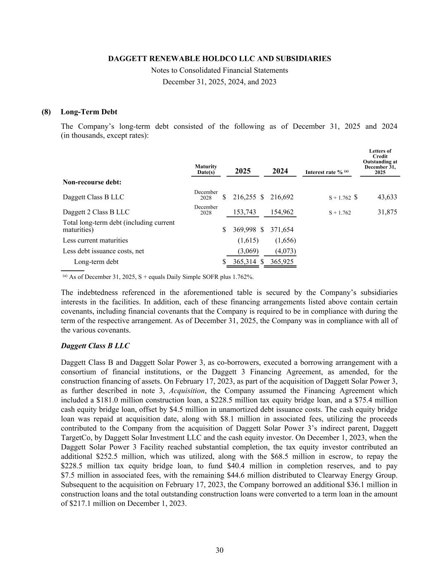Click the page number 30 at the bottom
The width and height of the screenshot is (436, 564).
tap(219, 550)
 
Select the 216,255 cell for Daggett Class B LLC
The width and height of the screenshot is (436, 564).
tap(245, 198)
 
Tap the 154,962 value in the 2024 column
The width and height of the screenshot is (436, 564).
tap(282, 212)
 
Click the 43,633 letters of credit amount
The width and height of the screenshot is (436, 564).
tap(387, 198)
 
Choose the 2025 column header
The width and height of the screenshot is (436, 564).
tap(243, 171)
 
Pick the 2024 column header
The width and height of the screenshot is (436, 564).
tap(280, 171)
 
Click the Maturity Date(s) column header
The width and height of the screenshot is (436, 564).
tap(206, 169)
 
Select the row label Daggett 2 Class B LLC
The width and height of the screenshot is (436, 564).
tap(96, 212)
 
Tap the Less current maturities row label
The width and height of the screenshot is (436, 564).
tap(95, 240)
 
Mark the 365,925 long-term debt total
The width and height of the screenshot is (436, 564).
tap(282, 262)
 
